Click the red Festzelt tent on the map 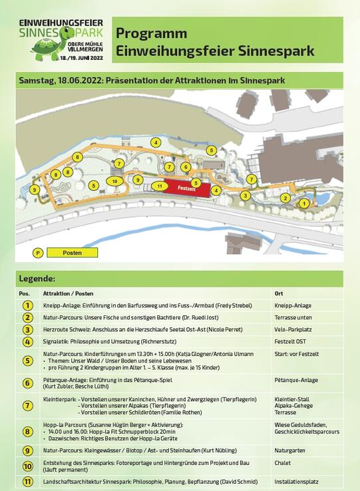point(186,188)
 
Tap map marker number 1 point(304,203)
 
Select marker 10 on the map point(114,181)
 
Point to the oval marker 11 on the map point(160,186)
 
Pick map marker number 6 point(186,167)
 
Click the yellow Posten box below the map point(73,253)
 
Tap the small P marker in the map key point(39,253)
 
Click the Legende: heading point(37,279)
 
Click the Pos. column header point(25,293)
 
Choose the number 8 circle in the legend point(27,431)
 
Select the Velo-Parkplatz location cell point(293,329)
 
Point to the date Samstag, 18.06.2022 point(61,80)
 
